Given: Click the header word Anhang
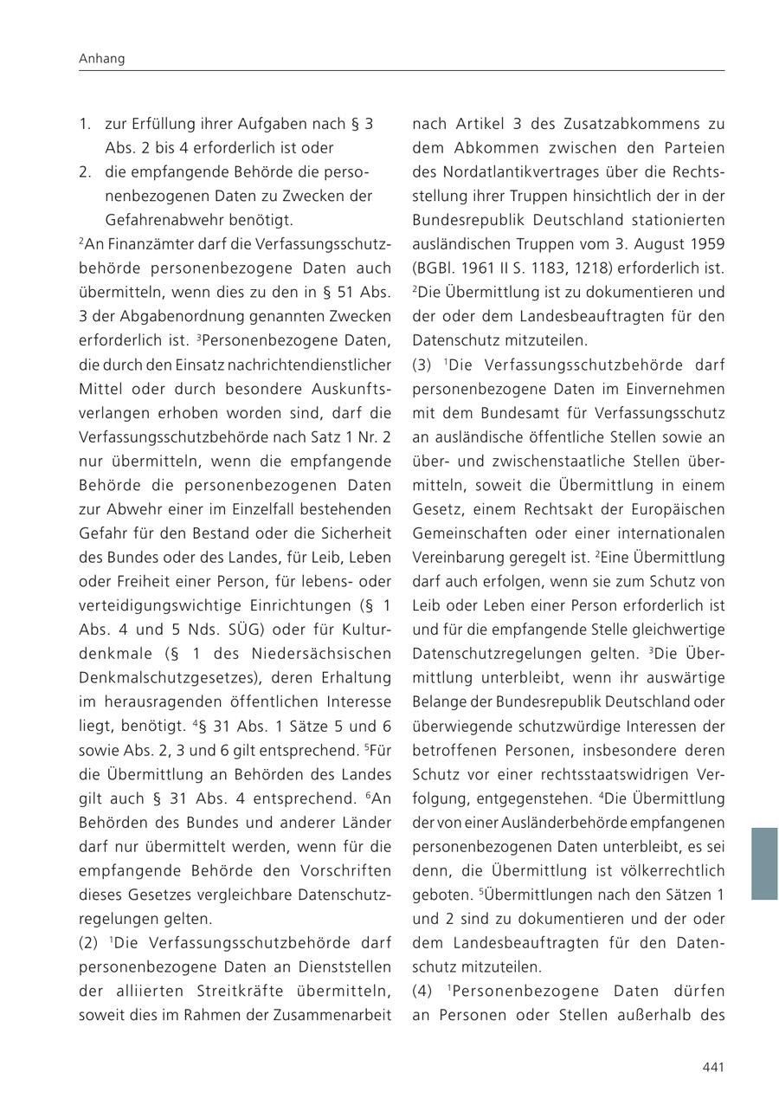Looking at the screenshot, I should (101, 59).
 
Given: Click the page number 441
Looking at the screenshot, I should (712, 1067).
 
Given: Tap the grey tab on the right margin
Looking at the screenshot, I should (763, 863).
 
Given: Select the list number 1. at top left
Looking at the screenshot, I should (85, 124).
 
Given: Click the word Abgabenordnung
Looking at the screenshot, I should (177, 316).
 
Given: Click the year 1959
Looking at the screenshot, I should (705, 244).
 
